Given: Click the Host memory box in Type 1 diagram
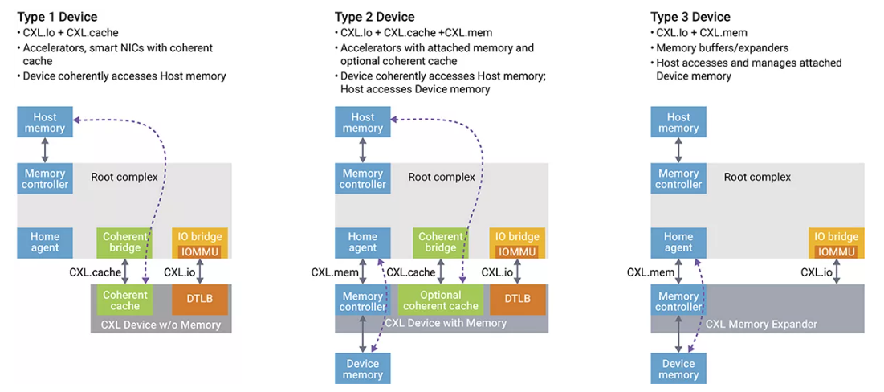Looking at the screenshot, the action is click(x=45, y=123).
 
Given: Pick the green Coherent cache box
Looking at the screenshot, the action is click(x=124, y=300).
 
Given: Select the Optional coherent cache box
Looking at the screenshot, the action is click(x=441, y=300).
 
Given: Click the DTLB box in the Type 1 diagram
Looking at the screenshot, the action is click(x=199, y=300).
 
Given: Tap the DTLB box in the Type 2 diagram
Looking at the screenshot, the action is click(x=518, y=300).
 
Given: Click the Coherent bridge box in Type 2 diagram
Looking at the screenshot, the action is click(x=441, y=242).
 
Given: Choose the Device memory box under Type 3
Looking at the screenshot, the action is click(x=678, y=369).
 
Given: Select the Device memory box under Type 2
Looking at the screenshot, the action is click(x=362, y=369).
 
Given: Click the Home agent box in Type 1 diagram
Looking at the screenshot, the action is click(x=45, y=243).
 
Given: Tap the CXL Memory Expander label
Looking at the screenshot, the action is click(x=761, y=325).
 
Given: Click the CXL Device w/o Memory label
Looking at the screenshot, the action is click(x=161, y=325).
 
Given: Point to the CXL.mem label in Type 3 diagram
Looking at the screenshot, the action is click(x=650, y=272).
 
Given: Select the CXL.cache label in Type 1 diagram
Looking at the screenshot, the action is click(x=95, y=272).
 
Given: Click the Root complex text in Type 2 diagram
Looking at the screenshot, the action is click(x=442, y=177).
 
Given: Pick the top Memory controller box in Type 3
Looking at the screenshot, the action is click(x=678, y=178).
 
